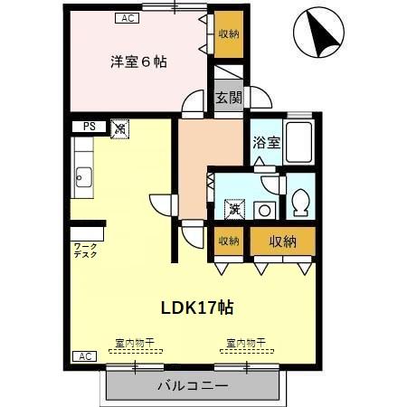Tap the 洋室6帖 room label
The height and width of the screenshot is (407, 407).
click(138, 62)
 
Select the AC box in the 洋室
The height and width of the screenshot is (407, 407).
click(127, 16)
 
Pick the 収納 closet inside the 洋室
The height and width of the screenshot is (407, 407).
click(228, 33)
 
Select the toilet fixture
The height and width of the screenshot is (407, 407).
click(301, 201)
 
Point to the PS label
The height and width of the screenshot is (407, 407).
click(89, 128)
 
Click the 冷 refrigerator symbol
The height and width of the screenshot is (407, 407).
click(119, 129)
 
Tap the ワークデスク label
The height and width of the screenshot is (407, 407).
click(86, 250)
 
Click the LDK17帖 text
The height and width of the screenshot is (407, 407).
click(198, 308)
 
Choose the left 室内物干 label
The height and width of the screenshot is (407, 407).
click(134, 344)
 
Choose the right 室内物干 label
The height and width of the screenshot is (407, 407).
click(245, 344)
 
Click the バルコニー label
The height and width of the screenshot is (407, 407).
click(193, 385)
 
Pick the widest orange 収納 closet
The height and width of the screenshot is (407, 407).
click(282, 241)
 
